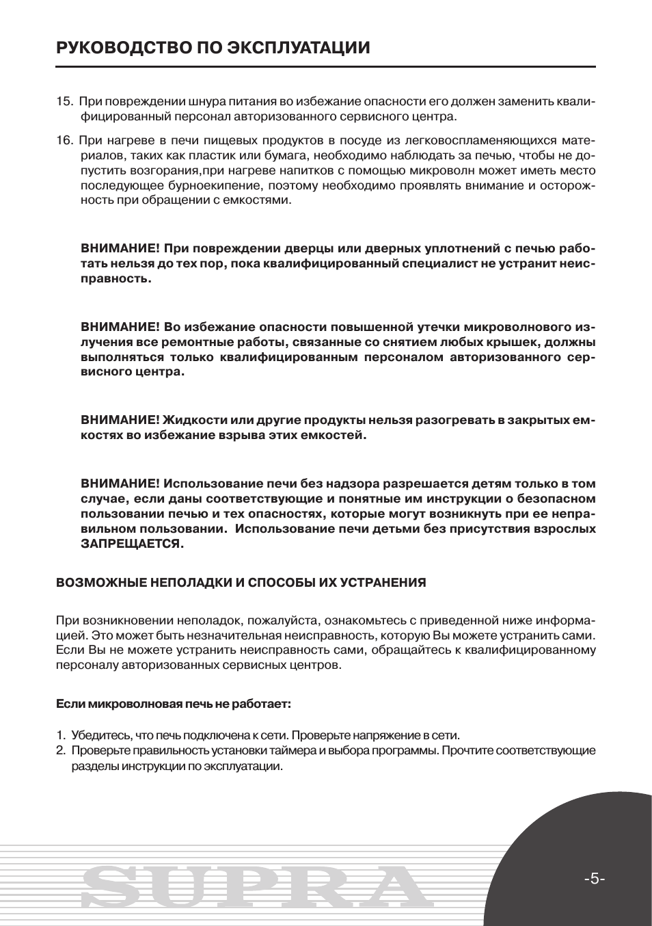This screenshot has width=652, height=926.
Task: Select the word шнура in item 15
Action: [x=199, y=102]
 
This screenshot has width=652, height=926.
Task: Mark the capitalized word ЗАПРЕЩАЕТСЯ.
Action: [x=133, y=544]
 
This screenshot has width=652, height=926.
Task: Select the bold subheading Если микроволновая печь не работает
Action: [x=173, y=703]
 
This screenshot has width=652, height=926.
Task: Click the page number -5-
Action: [x=595, y=879]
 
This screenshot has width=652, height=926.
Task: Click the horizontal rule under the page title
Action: [x=325, y=66]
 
